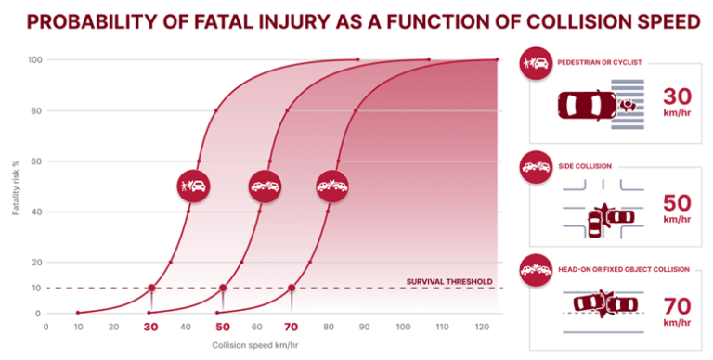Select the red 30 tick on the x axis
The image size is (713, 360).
pyautogui.click(x=151, y=328)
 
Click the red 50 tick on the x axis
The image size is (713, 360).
pyautogui.click(x=222, y=328)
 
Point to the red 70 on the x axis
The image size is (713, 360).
pyautogui.click(x=292, y=328)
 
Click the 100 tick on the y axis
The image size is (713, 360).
pyautogui.click(x=32, y=60)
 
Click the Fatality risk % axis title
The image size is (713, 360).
pyautogui.click(x=15, y=186)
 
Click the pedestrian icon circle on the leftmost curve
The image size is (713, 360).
pyautogui.click(x=193, y=186)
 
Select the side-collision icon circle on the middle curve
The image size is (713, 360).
pyautogui.click(x=264, y=186)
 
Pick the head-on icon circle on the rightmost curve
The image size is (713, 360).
pyautogui.click(x=331, y=186)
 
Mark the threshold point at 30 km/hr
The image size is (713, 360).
pyautogui.click(x=151, y=288)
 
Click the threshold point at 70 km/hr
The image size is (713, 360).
pyautogui.click(x=292, y=288)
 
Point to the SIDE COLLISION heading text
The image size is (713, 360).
pyautogui.click(x=584, y=166)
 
